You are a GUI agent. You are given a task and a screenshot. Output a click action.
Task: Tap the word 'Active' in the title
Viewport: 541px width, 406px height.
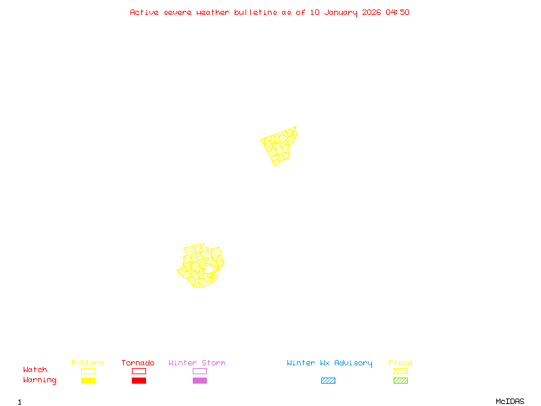click(145, 12)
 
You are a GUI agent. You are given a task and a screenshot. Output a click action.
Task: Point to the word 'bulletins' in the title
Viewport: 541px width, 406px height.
click(256, 12)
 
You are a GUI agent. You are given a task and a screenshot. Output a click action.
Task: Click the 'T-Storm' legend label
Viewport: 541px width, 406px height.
click(87, 363)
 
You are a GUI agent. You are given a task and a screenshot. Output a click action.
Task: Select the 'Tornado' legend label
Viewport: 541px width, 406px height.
click(138, 363)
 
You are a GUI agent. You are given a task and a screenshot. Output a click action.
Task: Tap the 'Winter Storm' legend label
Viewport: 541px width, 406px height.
click(197, 363)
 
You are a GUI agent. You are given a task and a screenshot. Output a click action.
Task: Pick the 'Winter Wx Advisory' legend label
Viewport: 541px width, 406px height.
click(329, 363)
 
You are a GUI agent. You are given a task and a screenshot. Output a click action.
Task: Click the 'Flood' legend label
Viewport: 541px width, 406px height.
click(400, 363)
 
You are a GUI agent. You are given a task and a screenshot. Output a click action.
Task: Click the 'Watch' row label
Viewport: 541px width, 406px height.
click(35, 370)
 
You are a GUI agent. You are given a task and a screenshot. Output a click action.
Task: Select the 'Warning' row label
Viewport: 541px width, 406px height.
click(40, 380)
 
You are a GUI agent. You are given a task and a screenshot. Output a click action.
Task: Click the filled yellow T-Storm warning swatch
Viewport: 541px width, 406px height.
click(88, 381)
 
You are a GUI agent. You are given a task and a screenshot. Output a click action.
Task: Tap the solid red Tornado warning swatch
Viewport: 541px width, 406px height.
click(139, 381)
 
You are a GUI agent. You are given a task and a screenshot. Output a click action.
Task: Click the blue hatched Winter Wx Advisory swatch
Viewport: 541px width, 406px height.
click(328, 381)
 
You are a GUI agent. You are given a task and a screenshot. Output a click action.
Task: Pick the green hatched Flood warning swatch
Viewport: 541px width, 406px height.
click(400, 381)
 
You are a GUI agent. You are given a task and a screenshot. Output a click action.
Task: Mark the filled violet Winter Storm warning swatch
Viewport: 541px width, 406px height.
click(199, 381)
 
